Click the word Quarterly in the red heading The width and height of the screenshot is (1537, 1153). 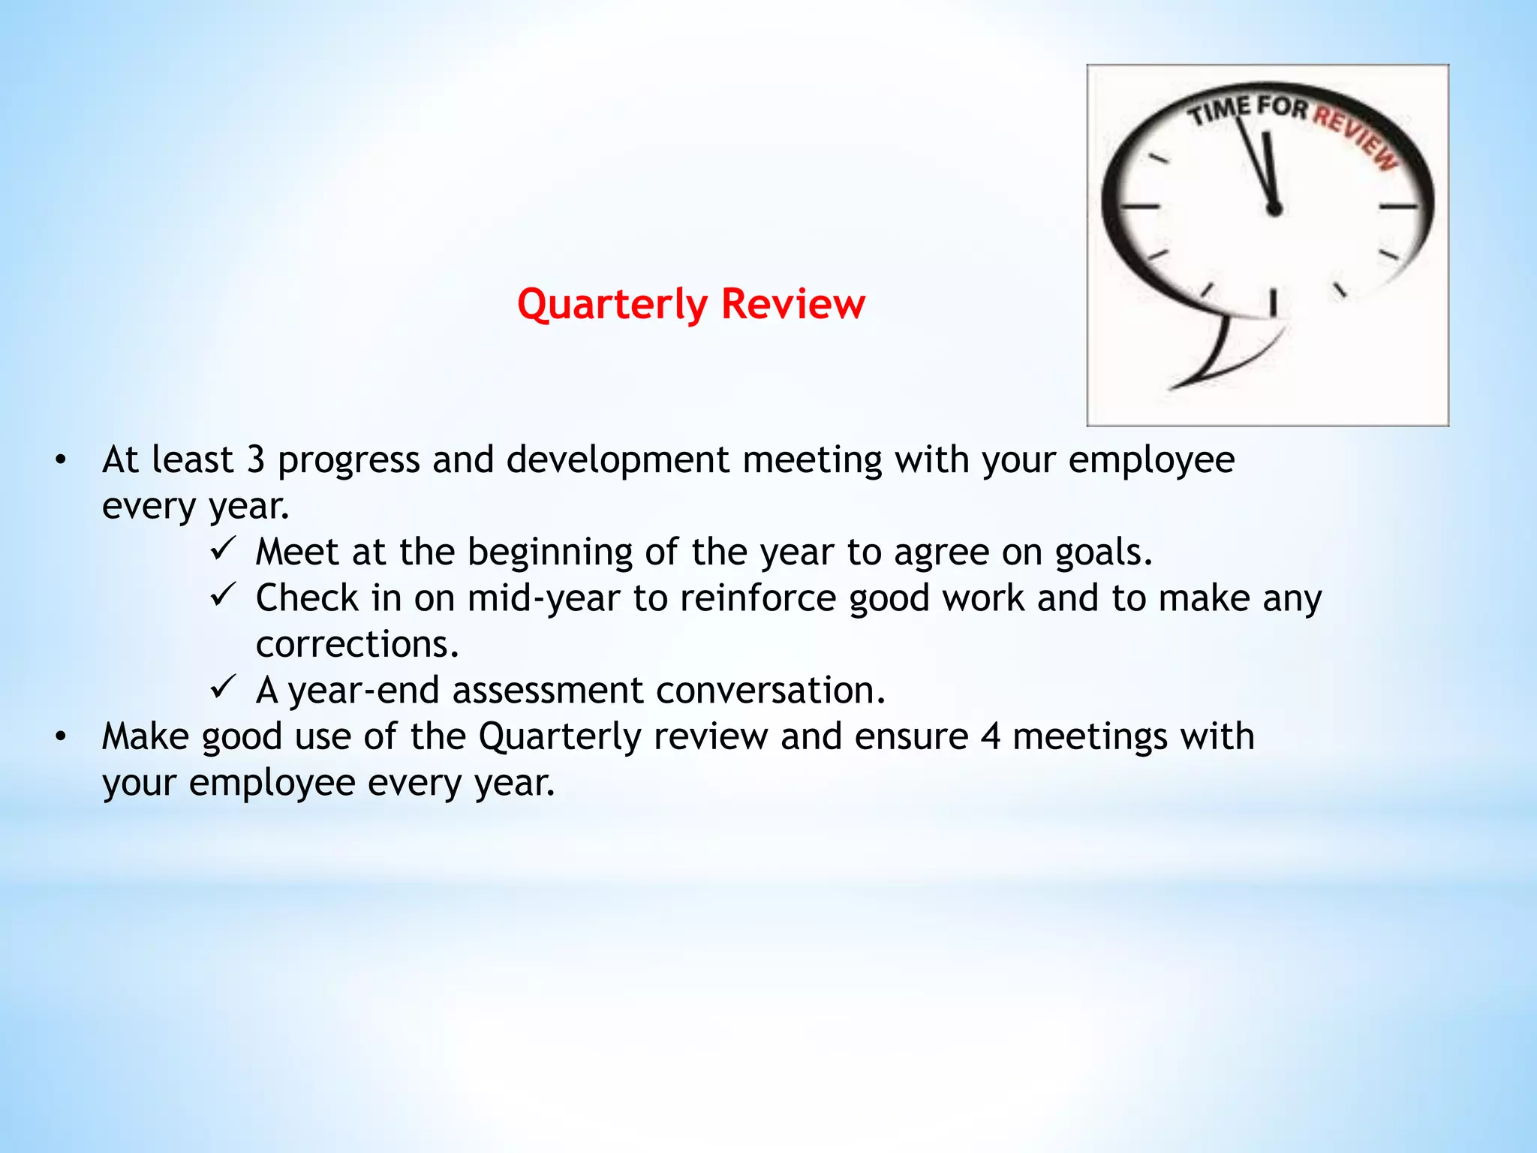[612, 306]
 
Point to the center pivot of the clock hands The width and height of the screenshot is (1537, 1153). [1274, 208]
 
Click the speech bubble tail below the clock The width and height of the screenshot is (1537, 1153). [1216, 360]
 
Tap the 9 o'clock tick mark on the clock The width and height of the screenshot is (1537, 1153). [1140, 205]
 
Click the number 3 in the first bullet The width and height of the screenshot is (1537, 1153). [256, 460]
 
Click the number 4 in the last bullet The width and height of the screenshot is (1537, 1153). [990, 736]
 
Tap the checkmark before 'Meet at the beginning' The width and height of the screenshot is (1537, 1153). [223, 548]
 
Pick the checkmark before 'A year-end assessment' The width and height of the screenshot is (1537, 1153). [223, 686]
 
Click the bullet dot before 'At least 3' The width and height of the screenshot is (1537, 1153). [61, 460]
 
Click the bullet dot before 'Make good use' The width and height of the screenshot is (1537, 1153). [61, 737]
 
